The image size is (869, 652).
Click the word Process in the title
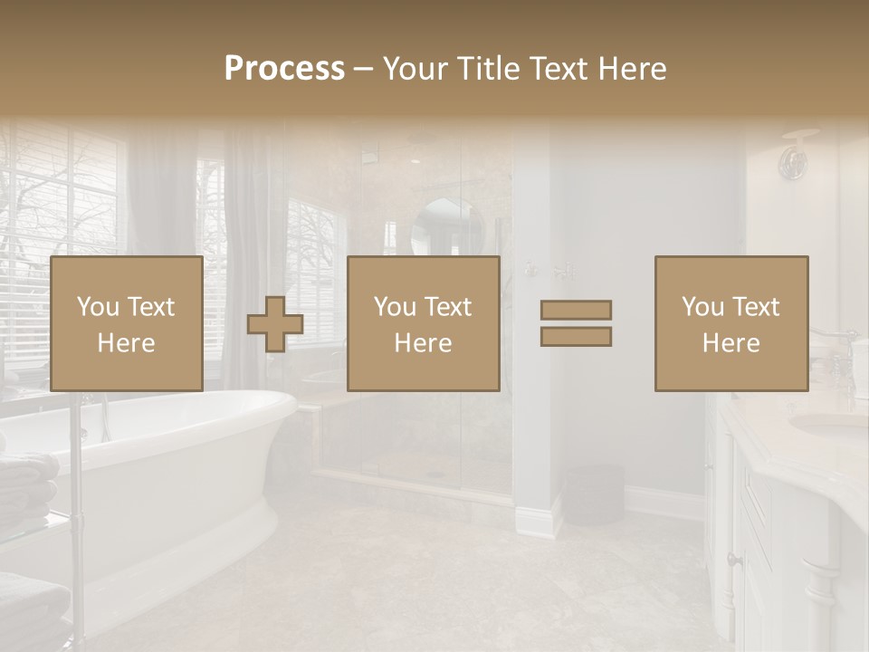pos(284,69)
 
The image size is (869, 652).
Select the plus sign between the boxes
pos(275,324)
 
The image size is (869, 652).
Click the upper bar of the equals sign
pos(576,310)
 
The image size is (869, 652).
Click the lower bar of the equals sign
pos(576,336)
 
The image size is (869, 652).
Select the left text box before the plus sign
pos(126,324)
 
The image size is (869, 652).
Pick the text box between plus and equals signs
pos(423,324)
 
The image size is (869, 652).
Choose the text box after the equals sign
pos(731,324)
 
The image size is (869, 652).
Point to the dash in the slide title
pos(363,69)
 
